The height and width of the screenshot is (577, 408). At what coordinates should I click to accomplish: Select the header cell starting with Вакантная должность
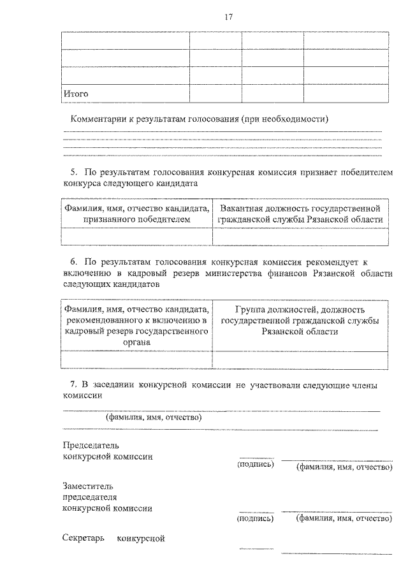(300, 214)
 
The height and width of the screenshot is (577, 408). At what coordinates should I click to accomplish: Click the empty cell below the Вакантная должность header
(300, 237)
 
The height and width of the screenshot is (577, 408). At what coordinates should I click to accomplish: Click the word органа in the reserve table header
(137, 342)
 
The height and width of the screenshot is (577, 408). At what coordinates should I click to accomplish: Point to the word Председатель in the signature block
(91, 445)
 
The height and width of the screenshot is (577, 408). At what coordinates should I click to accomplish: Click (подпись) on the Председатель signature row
(256, 465)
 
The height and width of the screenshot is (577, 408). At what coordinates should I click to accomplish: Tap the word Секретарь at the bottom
(84, 539)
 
